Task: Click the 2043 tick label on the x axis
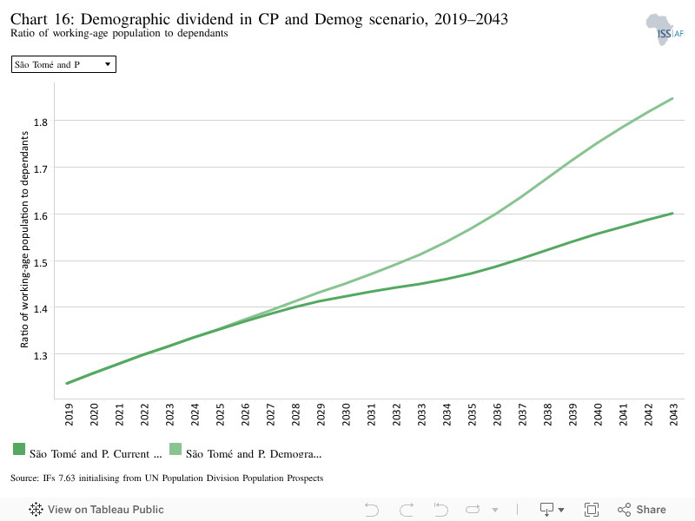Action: pos(674,414)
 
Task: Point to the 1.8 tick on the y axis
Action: pos(40,122)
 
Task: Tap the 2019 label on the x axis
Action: pos(69,414)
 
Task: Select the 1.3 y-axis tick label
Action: pos(40,356)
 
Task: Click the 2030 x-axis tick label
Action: pos(346,414)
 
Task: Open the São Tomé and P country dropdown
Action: pos(63,64)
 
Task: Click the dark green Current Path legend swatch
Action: pos(19,449)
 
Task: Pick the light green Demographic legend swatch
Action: pos(175,449)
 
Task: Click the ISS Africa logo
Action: pos(665,30)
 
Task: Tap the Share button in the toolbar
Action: pos(642,510)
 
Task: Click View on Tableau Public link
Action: pos(96,510)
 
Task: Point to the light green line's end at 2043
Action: pos(672,98)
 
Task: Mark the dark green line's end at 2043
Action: pos(672,213)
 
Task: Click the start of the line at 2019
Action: pos(67,383)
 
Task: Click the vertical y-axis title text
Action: pos(24,240)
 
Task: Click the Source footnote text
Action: pos(167,478)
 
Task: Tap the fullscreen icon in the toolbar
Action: pos(592,510)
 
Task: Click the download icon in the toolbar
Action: pos(552,510)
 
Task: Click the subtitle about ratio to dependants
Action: pos(119,33)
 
